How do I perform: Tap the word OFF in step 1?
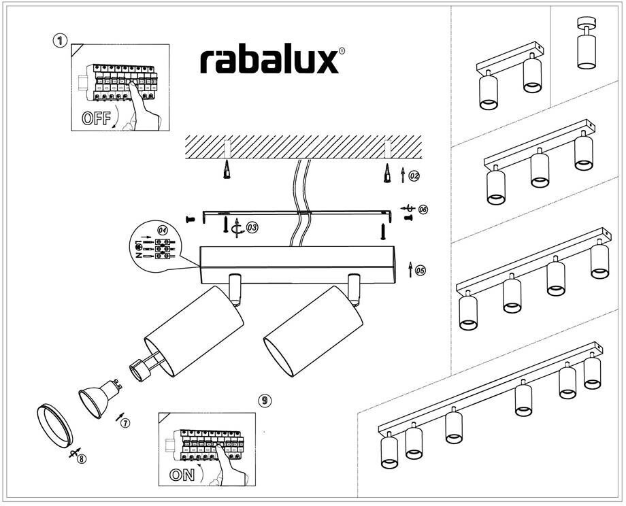96,117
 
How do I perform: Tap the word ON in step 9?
182,475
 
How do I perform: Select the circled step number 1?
60,41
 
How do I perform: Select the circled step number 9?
265,400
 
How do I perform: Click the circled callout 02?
414,175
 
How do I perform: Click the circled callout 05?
420,271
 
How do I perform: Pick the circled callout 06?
423,209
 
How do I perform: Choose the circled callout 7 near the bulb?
125,423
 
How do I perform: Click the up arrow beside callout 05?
410,271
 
